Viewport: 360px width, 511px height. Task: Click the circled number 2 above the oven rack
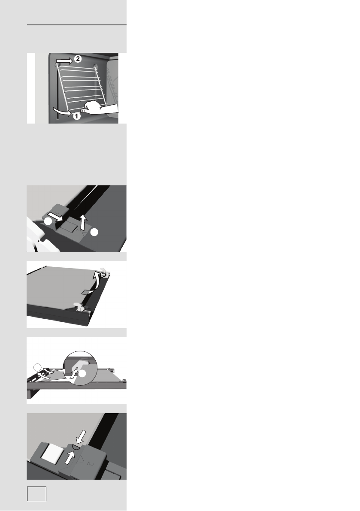77,59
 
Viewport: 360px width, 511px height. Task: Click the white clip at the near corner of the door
79,306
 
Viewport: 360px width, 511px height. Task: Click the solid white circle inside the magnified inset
82,374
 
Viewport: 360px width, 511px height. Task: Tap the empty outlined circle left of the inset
37,367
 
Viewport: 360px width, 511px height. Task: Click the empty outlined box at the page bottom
36,493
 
